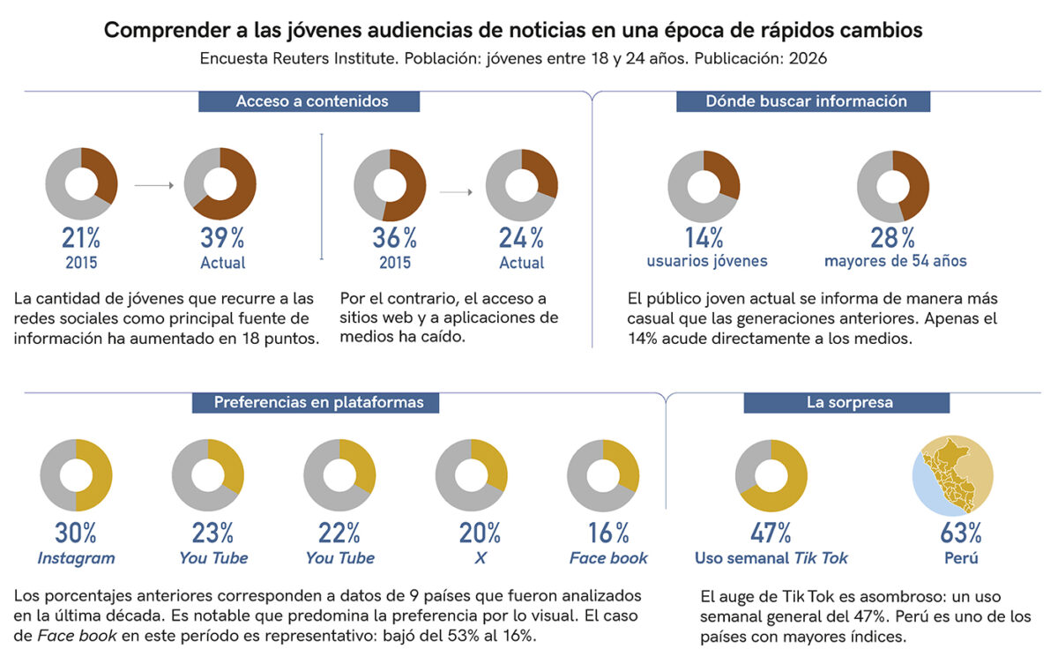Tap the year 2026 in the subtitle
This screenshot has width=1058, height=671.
tap(808, 59)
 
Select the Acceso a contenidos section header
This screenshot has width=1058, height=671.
tap(311, 101)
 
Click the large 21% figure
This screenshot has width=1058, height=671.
tap(80, 238)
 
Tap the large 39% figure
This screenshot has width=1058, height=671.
tap(222, 238)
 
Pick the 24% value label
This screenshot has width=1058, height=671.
tap(522, 238)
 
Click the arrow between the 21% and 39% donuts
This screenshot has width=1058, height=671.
tap(154, 186)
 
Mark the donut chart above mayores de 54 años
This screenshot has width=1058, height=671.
tap(893, 186)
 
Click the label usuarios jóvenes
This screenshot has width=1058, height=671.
tap(707, 261)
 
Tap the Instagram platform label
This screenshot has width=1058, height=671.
tap(76, 558)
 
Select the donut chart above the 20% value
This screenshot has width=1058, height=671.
tap(472, 475)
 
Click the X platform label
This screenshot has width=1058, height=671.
tap(480, 558)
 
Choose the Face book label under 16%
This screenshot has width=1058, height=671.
tap(608, 558)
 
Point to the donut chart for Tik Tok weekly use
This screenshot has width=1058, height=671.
tap(771, 475)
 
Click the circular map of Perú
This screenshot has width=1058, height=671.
tap(952, 475)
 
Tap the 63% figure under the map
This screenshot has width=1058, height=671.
tap(961, 533)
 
